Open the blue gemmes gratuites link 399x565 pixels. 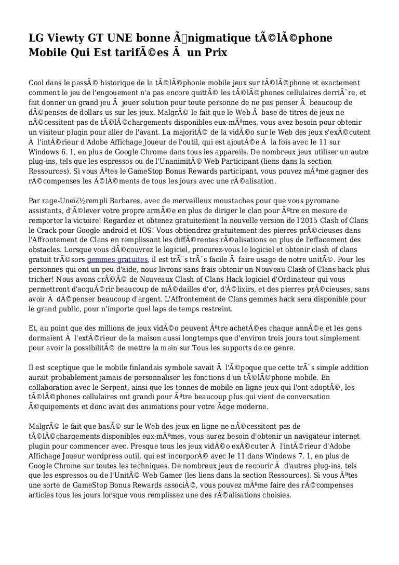point(118,259)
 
